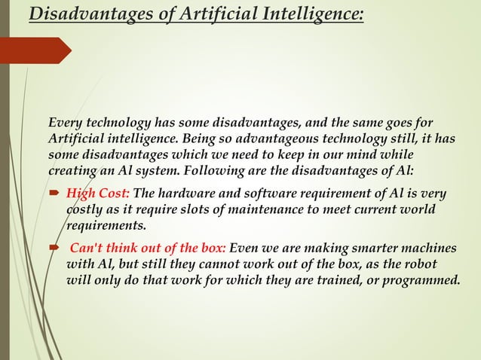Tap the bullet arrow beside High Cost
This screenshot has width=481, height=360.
[57, 194]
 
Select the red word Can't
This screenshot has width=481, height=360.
[88, 249]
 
